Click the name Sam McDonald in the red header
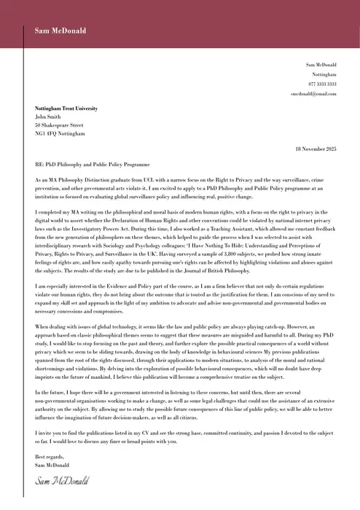(x=60, y=31)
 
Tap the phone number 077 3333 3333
(x=321, y=85)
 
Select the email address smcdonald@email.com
(x=313, y=95)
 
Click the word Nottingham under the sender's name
(x=324, y=74)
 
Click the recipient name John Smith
(x=49, y=117)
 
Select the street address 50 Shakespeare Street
(x=59, y=125)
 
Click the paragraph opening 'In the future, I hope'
(x=62, y=393)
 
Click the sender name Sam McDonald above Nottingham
(x=321, y=65)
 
